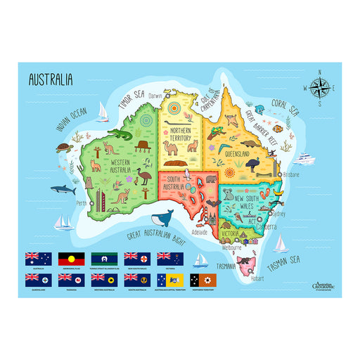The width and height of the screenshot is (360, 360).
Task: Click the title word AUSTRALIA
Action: [x=51, y=79]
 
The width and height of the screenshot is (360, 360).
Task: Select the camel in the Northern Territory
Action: [x=171, y=148]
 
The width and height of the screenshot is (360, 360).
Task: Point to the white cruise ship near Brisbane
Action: [x=304, y=157]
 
